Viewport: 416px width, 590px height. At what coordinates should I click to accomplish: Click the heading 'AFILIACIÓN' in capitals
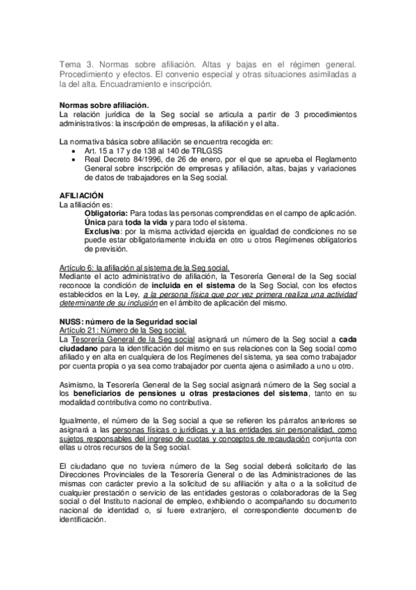click(x=83, y=196)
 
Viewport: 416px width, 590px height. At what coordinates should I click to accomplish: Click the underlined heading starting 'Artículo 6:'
click(x=145, y=266)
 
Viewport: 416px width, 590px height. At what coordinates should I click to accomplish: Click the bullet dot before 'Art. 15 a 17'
click(x=74, y=151)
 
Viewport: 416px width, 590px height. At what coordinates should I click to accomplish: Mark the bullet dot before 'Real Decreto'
click(x=74, y=160)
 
